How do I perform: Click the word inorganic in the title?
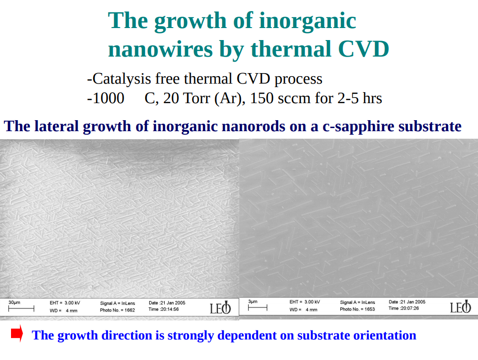(307, 21)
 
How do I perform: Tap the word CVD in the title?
(364, 50)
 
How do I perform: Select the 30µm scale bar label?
(15, 302)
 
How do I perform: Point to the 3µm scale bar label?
(253, 301)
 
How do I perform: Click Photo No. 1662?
(118, 310)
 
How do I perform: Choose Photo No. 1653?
(357, 309)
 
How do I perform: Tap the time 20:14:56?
(164, 309)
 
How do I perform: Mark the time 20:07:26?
(403, 308)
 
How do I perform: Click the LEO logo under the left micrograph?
(221, 308)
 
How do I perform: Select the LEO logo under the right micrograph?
(460, 307)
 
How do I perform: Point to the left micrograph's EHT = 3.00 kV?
(65, 303)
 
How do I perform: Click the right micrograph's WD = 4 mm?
(303, 309)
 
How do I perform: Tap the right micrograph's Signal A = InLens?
(357, 302)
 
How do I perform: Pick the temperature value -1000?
(106, 98)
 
